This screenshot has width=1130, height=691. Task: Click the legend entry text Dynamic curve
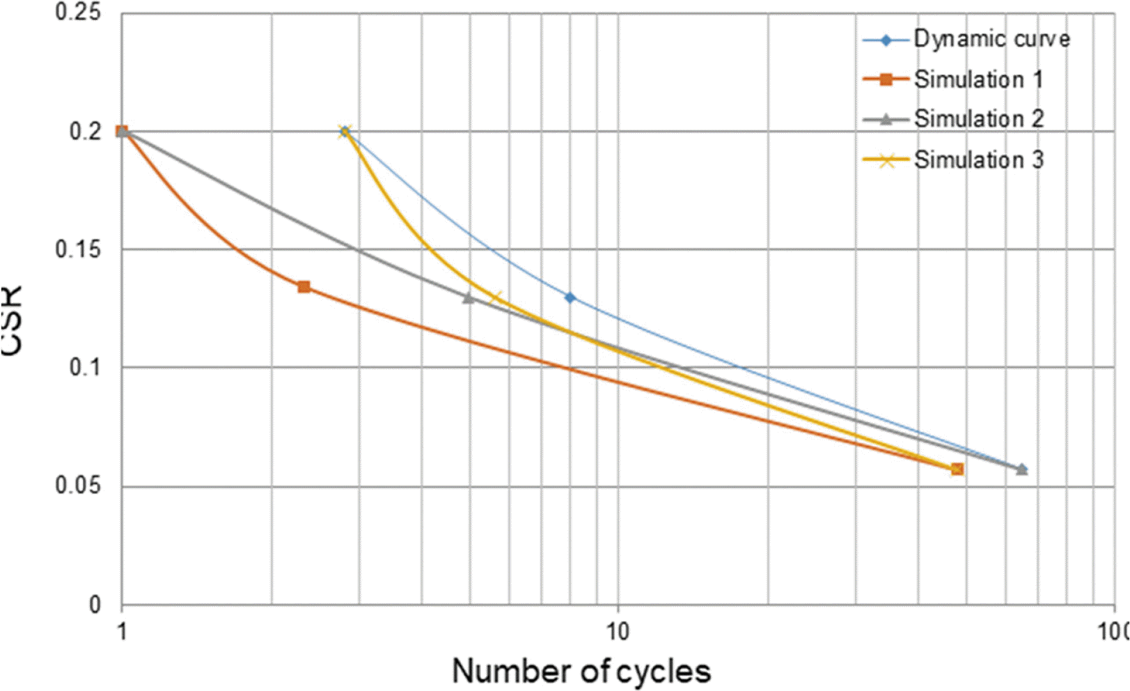coord(991,39)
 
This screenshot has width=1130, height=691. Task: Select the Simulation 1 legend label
coord(978,79)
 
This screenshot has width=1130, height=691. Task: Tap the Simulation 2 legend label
coord(978,119)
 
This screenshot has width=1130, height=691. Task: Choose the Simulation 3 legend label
coord(978,160)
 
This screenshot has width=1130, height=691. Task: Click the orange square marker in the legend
coord(886,79)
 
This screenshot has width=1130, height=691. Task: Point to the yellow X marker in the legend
coord(886,160)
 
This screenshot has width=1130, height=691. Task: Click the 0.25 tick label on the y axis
coord(78,13)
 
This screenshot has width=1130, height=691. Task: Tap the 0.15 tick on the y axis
coord(78,249)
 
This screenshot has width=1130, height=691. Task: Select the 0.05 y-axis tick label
coord(78,486)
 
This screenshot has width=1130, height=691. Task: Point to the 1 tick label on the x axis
coord(122,631)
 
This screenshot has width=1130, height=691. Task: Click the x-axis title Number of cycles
coord(581,671)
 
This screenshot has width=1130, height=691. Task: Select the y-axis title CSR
coord(13,320)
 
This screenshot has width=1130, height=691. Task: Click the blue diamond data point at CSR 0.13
coord(570,297)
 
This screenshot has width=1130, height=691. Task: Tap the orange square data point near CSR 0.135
coord(304,287)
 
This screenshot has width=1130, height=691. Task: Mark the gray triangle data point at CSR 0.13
coord(469,297)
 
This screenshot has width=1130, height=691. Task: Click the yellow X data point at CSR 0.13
coord(496,297)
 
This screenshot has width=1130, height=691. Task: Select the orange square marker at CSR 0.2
coord(122,131)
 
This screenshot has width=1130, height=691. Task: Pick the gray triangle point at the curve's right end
coord(1021,469)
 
